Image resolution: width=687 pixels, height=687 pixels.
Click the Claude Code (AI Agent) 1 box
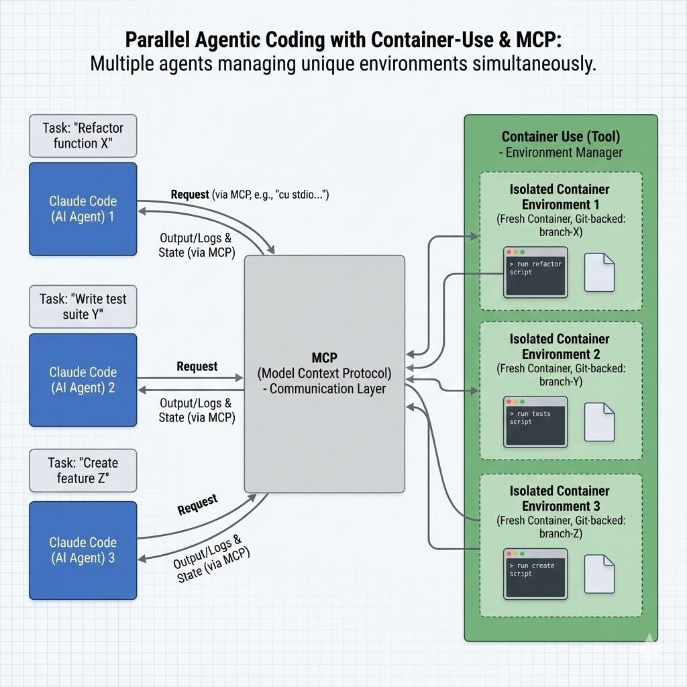(83, 209)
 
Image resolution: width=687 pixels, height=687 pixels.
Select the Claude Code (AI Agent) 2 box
(83, 380)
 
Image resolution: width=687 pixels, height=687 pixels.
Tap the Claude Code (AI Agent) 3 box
(83, 550)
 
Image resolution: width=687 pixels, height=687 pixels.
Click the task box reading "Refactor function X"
(83, 136)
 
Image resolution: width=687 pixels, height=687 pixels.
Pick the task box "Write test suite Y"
(83, 307)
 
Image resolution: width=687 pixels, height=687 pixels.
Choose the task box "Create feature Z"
(83, 470)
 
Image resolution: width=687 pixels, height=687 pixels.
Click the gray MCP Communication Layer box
(324, 374)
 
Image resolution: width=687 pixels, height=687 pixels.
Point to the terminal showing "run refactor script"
(535, 272)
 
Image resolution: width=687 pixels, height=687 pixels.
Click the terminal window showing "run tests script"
(535, 422)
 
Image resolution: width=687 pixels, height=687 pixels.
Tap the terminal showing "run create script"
(535, 574)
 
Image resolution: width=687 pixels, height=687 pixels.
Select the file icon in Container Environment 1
(599, 272)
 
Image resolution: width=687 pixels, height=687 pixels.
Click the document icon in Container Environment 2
(599, 423)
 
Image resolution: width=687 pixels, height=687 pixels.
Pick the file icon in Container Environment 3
(599, 574)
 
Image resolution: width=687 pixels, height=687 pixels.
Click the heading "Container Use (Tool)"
(561, 137)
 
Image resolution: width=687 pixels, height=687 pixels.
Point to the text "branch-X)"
(561, 231)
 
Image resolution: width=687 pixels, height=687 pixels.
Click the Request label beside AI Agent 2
(197, 366)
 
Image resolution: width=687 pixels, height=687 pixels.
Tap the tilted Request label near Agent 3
(198, 505)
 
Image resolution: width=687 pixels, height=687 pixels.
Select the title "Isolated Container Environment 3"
(560, 498)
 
